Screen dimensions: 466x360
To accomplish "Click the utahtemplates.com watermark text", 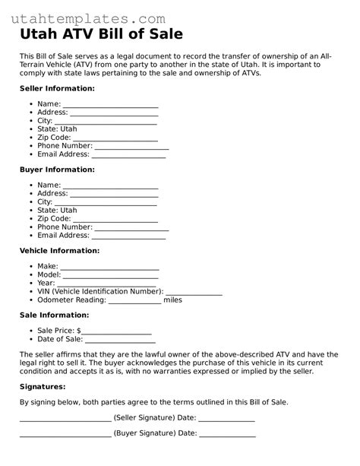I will click(x=93, y=17).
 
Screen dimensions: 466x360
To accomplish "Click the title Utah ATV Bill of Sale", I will click(x=101, y=35).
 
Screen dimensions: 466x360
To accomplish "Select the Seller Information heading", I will click(x=57, y=89).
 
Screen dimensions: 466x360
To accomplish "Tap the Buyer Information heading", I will click(x=57, y=170).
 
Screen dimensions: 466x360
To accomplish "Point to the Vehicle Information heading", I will click(x=59, y=250).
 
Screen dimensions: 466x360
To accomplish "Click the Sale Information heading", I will click(x=54, y=315).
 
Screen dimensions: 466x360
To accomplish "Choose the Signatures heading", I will click(x=43, y=386).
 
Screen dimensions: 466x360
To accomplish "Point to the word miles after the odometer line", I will click(x=172, y=300).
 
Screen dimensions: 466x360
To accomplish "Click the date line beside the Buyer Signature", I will click(x=228, y=436).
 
